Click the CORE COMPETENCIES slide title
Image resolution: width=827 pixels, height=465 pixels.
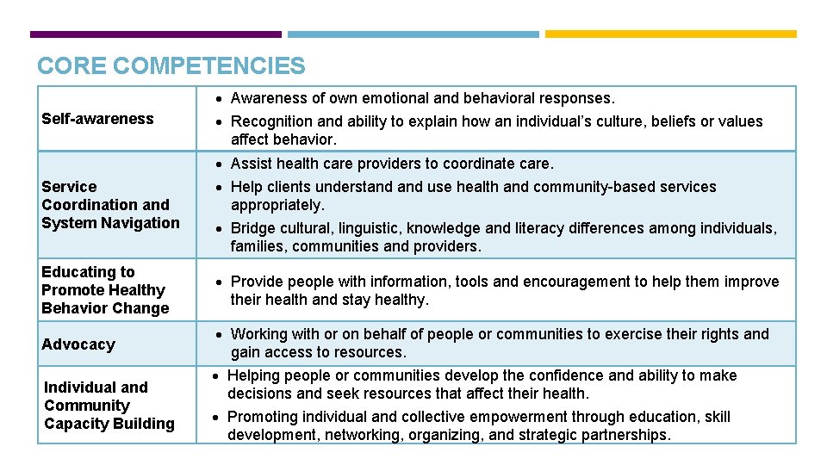171,65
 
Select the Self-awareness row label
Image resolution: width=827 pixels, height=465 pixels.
97,119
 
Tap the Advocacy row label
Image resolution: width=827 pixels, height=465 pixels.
78,344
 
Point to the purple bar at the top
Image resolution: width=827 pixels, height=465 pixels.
155,34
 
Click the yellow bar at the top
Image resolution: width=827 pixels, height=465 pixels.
671,34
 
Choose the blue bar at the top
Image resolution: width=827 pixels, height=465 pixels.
413,34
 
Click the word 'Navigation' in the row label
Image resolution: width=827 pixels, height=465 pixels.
140,223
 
